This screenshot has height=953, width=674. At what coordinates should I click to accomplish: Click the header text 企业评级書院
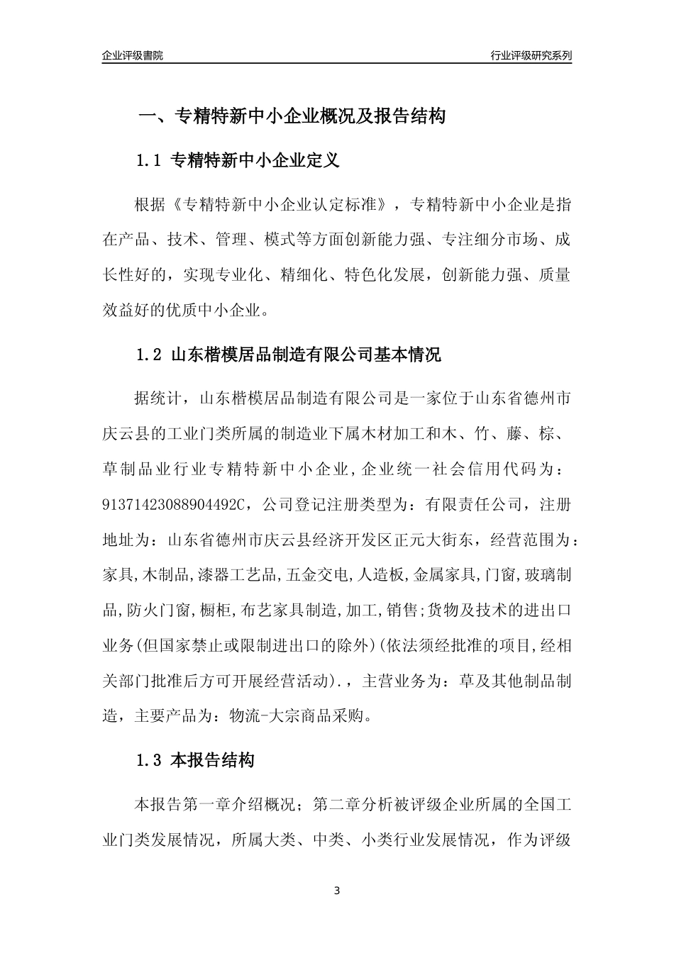point(133,55)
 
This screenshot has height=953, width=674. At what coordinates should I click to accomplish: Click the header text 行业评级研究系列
point(531,55)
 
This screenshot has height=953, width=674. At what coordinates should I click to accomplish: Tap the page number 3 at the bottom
point(337,891)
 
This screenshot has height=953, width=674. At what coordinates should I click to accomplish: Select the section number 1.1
point(149,161)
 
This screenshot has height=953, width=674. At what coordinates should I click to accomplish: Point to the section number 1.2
point(149,355)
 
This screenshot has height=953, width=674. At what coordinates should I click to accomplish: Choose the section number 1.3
point(149,762)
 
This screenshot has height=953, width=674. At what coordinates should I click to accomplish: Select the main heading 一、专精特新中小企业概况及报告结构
point(291,116)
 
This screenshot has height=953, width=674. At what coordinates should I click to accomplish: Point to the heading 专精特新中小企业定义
point(256,161)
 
